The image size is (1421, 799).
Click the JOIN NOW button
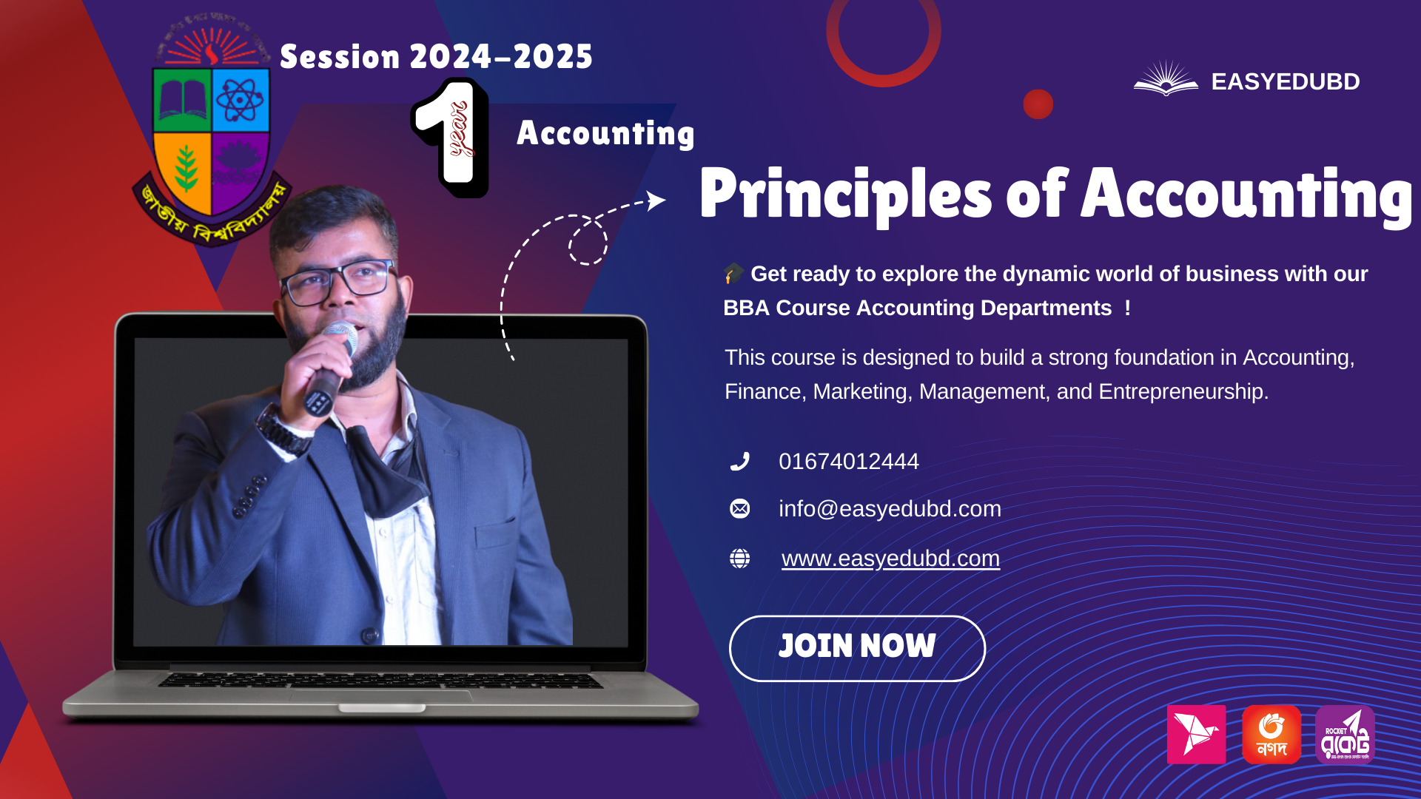(857, 648)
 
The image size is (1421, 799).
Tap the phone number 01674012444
(848, 462)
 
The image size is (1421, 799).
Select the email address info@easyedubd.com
(890, 509)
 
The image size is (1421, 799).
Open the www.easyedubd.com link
(890, 559)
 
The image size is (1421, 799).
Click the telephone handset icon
(739, 462)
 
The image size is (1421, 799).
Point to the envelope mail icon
(739, 509)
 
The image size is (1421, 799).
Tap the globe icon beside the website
(739, 559)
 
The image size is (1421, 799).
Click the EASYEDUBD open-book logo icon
(1166, 79)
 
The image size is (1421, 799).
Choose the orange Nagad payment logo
(1271, 735)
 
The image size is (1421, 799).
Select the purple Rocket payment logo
(1345, 735)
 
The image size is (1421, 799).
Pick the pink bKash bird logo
(1196, 735)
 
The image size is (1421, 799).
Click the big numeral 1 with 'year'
(451, 138)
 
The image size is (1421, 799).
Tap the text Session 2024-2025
(436, 57)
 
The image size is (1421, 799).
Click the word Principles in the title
(845, 194)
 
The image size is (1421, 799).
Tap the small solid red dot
(1038, 104)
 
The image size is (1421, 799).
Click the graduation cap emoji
(733, 273)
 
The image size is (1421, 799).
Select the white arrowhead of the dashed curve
(656, 200)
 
